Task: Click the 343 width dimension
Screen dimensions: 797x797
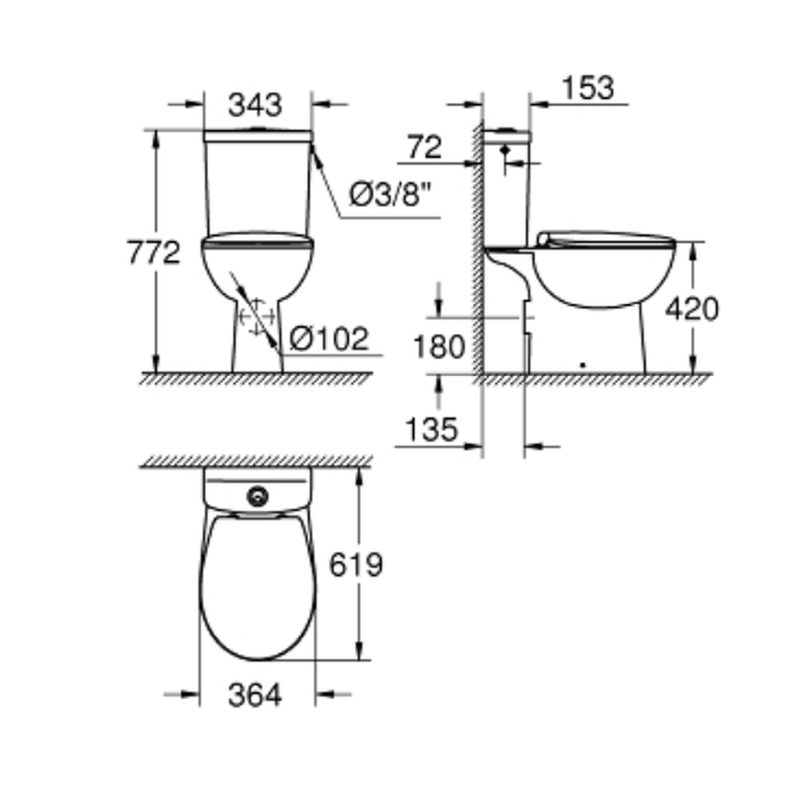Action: (255, 105)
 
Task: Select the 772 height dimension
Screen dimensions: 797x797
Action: (154, 252)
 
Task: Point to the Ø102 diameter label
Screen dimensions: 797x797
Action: (329, 339)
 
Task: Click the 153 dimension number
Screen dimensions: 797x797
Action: (588, 88)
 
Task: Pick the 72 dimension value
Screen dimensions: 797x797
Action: (425, 147)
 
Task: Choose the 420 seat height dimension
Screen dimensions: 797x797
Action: (693, 308)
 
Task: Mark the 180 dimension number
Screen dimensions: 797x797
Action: (439, 347)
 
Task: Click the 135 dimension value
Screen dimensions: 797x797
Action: (431, 430)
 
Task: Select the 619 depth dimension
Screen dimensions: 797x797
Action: (355, 564)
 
